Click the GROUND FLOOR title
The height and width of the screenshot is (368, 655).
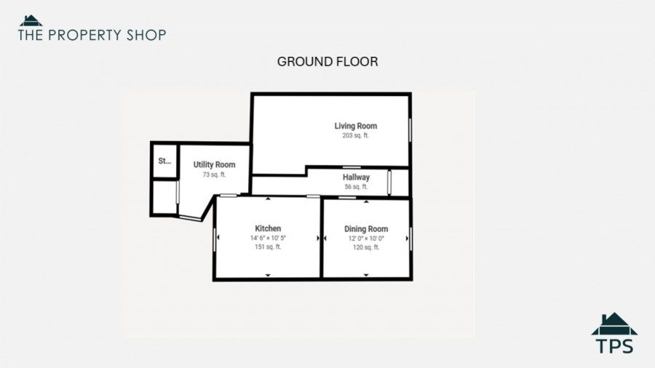(327, 62)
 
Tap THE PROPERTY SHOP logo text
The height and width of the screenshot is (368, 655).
(92, 35)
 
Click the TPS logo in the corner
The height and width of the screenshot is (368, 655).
(614, 333)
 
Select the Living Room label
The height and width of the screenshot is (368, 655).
(355, 126)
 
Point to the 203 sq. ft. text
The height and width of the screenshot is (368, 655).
(355, 135)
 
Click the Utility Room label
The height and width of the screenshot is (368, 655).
(214, 165)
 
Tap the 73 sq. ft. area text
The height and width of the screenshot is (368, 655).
(214, 175)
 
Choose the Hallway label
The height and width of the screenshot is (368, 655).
(357, 177)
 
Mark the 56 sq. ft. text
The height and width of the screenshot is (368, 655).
(357, 187)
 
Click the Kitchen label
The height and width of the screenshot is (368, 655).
(268, 228)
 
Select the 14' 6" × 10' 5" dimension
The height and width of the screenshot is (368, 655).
(268, 239)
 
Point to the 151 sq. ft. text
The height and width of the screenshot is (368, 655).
(268, 247)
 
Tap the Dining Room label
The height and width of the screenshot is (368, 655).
(366, 229)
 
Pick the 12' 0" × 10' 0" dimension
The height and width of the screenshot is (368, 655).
(366, 239)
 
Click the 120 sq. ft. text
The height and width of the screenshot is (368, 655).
(366, 247)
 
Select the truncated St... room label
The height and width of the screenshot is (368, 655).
(164, 161)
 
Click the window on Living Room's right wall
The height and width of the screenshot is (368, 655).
(410, 130)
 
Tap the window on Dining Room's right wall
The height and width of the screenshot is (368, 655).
(410, 239)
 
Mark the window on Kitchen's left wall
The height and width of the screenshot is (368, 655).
(215, 240)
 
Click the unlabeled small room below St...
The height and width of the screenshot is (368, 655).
(164, 197)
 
